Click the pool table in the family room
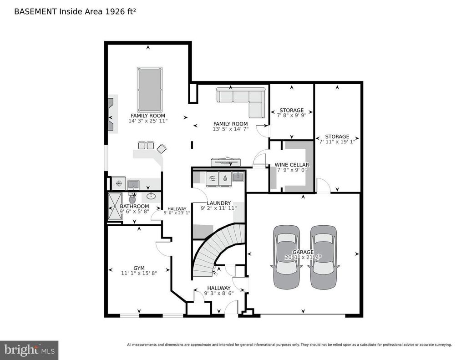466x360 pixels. click(150, 89)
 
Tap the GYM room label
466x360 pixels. click(139, 268)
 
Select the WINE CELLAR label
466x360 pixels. click(292, 165)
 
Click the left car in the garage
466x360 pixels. click(287, 257)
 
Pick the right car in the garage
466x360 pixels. click(324, 257)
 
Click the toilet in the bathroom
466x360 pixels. click(132, 198)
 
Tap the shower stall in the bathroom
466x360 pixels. click(115, 206)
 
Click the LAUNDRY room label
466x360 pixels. click(219, 203)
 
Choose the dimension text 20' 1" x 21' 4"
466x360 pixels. click(303, 257)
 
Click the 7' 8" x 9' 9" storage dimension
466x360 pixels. click(292, 115)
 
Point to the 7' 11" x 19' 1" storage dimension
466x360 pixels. click(337, 142)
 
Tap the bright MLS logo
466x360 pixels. click(29, 350)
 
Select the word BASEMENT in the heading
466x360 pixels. click(35, 11)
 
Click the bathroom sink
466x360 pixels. click(151, 196)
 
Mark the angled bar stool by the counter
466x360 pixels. click(162, 148)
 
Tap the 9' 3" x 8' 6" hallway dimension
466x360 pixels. click(219, 294)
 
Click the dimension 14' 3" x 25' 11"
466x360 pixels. click(148, 121)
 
